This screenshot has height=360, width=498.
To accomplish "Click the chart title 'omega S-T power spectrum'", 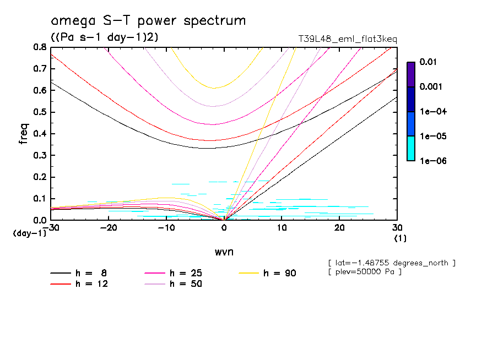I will click(x=148, y=21).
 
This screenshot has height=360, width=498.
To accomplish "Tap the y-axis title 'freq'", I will click(x=24, y=133).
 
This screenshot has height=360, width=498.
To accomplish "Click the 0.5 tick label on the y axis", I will click(x=39, y=112).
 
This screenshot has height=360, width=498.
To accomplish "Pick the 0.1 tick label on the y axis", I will click(x=39, y=199).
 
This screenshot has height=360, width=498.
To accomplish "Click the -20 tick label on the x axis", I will click(x=109, y=228).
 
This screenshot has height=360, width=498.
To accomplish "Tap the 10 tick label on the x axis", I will click(x=282, y=228).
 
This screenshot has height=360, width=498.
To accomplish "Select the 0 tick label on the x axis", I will click(x=224, y=228).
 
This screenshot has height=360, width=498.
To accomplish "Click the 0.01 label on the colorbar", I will click(x=427, y=62).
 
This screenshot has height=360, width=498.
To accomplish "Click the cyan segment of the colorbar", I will click(x=411, y=149).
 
